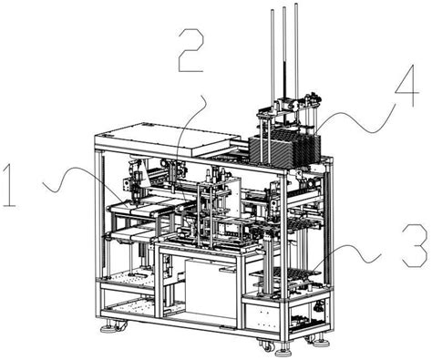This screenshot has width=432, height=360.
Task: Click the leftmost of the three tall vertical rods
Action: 272,55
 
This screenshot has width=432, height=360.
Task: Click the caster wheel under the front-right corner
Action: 265,345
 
